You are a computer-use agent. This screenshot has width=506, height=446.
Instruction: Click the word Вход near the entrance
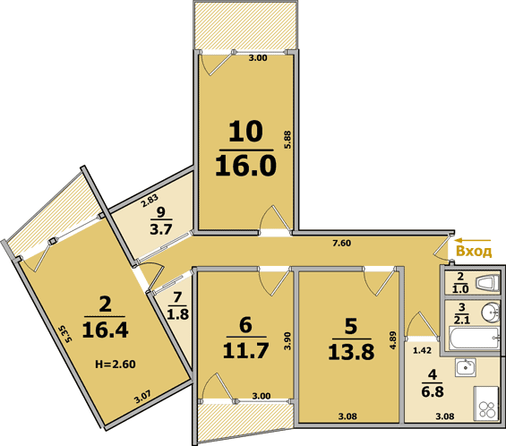pyautogui.click(x=474, y=251)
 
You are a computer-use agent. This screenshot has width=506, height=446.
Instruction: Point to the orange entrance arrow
pyautogui.click(x=473, y=240)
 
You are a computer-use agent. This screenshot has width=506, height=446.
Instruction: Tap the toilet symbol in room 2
pyautogui.click(x=488, y=282)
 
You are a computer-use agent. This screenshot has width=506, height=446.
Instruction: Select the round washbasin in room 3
pyautogui.click(x=491, y=313)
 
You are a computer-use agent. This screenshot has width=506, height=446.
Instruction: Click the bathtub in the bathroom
pyautogui.click(x=475, y=338)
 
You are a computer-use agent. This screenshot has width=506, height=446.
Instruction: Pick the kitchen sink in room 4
pyautogui.click(x=466, y=367)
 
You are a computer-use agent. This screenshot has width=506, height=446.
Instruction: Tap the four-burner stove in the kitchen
pyautogui.click(x=485, y=403)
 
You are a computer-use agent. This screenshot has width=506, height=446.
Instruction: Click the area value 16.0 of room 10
pyautogui.click(x=246, y=165)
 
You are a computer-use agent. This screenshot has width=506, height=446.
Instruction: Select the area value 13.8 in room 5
pyautogui.click(x=351, y=352)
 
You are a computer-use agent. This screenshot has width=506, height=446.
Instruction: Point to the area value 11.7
pyautogui.click(x=246, y=350)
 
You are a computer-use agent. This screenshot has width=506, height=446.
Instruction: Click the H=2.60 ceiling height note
pyautogui.click(x=116, y=365)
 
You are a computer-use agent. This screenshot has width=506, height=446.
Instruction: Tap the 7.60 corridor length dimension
pyautogui.click(x=342, y=243)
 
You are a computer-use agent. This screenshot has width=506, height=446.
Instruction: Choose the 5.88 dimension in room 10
pyautogui.click(x=287, y=140)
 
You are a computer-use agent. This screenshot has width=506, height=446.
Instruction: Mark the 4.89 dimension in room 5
pyautogui.click(x=393, y=340)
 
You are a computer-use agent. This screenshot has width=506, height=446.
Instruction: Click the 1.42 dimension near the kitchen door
pyautogui.click(x=422, y=350)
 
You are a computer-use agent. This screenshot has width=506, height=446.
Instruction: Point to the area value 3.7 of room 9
pyautogui.click(x=161, y=229)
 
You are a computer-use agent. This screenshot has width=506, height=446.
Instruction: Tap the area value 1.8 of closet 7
pyautogui.click(x=178, y=313)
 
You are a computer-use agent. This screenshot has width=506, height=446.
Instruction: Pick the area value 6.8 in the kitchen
pyautogui.click(x=433, y=391)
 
